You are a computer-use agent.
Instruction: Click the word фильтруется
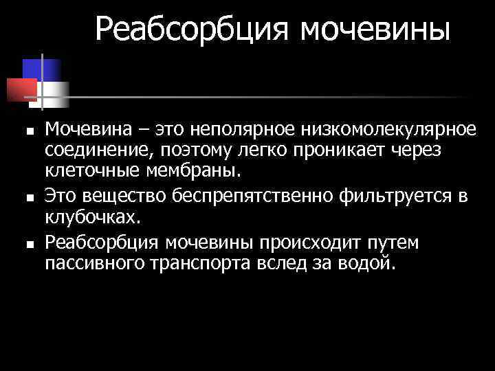point(397,196)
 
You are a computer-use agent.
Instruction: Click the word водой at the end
point(368,264)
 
